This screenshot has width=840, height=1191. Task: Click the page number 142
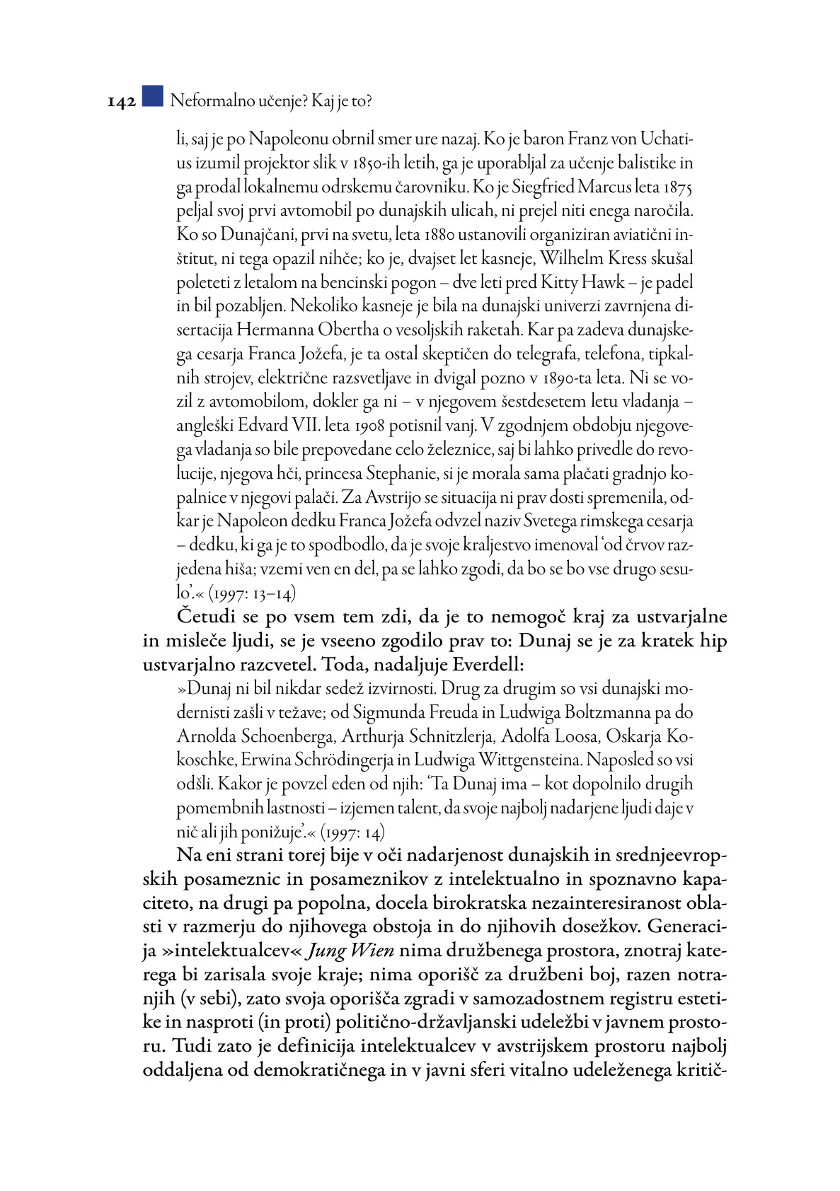pos(121,103)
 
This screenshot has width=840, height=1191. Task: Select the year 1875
pos(677,187)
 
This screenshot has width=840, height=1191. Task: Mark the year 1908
pos(371,426)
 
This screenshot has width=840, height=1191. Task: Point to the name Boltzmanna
pos(602,712)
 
